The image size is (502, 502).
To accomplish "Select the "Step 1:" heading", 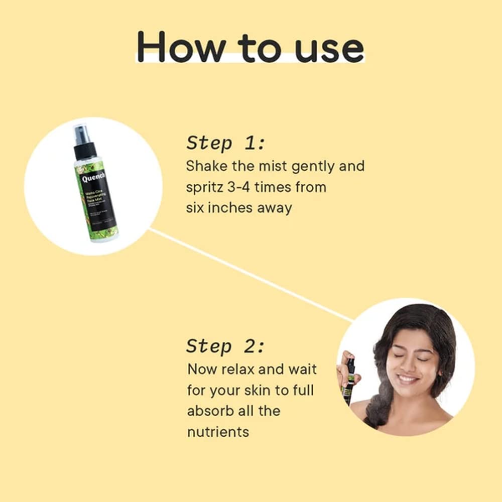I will click(225, 143).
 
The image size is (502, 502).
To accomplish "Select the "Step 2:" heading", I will click(225, 346).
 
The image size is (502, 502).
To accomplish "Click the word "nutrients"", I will click(218, 432).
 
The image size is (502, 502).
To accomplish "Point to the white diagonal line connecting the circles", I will click(251, 274).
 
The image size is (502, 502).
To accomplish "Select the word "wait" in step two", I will click(302, 369).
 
